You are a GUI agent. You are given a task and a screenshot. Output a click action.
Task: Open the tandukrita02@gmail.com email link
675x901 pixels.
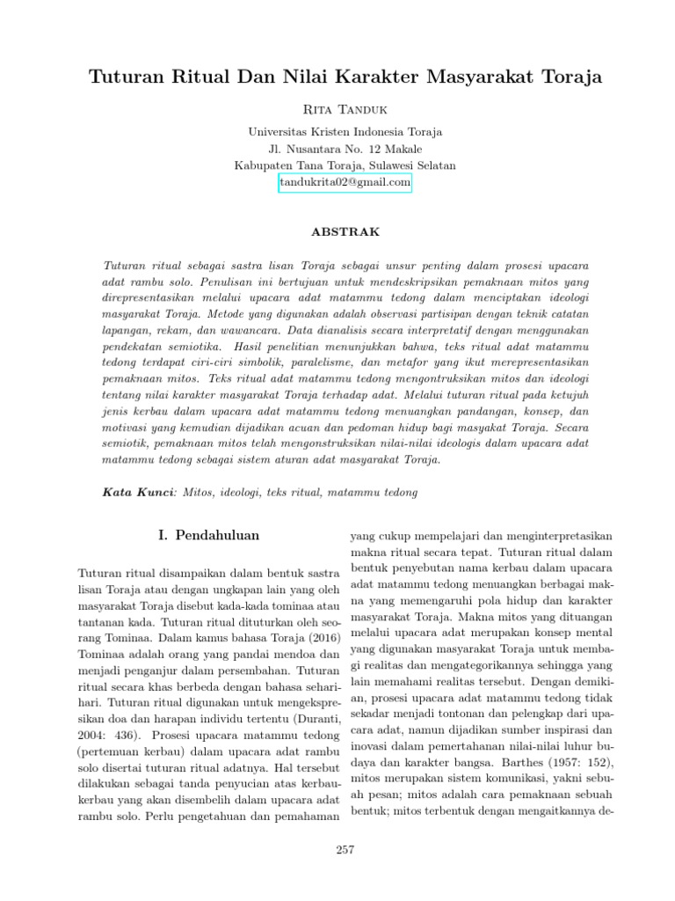(345, 182)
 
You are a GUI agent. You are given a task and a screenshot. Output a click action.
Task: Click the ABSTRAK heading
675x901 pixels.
(345, 232)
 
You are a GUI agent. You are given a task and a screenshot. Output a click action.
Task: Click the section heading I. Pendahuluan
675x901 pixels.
(207, 534)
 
